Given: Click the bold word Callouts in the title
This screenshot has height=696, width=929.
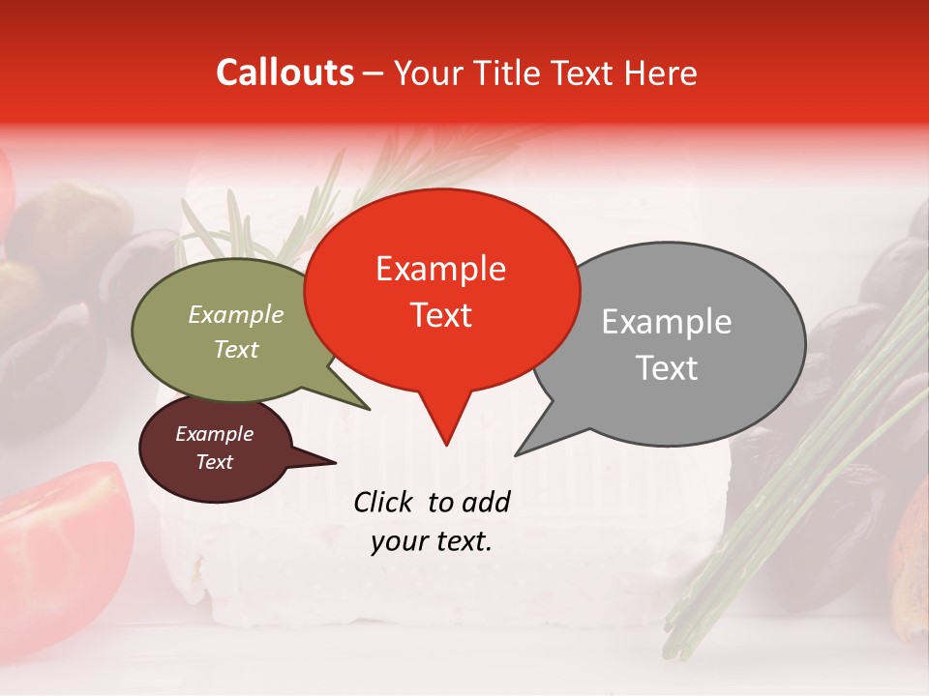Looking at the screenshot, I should (285, 72).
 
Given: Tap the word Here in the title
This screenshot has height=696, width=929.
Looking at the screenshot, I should (660, 72).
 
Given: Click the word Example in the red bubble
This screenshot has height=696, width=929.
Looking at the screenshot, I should (440, 269).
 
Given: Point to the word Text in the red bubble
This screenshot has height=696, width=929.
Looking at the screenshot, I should (440, 315).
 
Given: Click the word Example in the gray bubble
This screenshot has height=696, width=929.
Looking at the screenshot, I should (666, 322).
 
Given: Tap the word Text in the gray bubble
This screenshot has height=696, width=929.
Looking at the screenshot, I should (666, 368).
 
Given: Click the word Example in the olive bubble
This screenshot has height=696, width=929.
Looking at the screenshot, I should (235, 315).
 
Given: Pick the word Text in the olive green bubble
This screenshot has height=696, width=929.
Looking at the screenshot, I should (235, 349).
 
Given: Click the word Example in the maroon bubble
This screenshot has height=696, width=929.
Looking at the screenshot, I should (214, 434).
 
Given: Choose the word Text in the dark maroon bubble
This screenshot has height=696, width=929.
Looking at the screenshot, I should (214, 462).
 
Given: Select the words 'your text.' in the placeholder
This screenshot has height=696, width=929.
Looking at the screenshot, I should (431, 541).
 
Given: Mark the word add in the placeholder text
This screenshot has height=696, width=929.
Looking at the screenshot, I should (487, 502).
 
